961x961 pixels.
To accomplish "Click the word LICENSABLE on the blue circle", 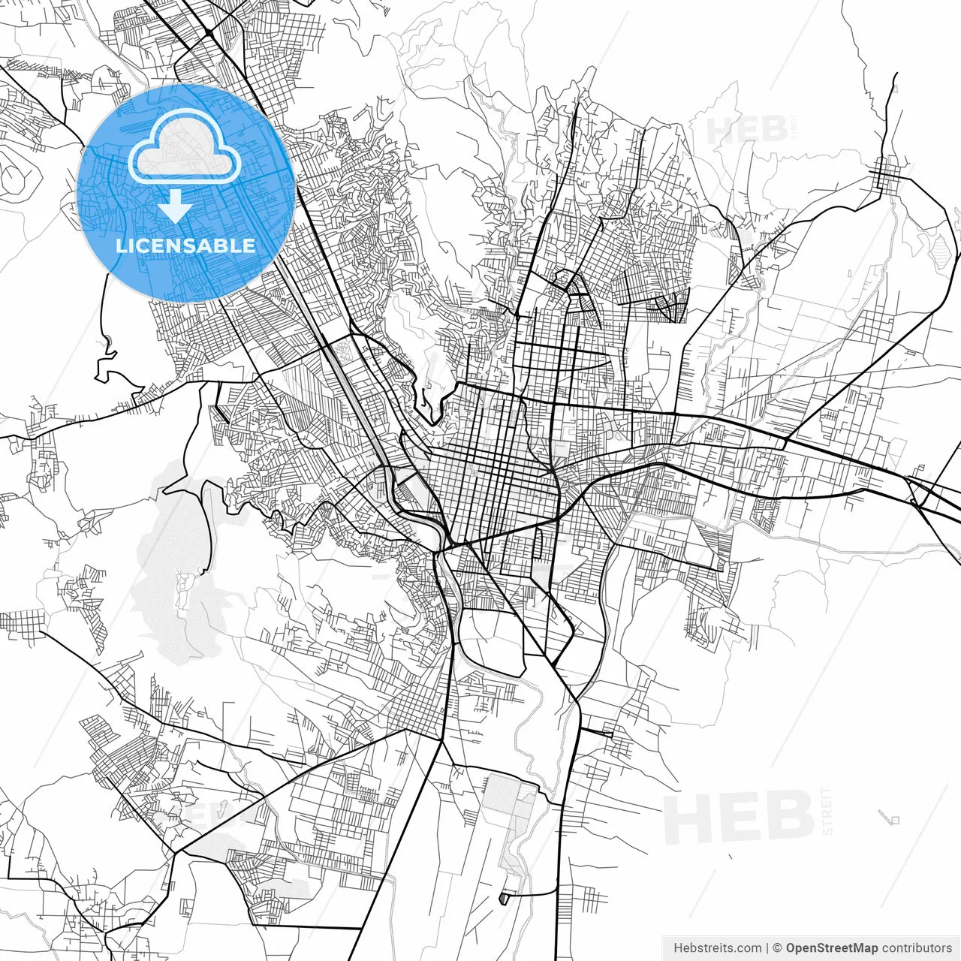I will click(x=185, y=246).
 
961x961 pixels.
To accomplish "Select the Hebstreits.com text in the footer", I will click(x=716, y=948).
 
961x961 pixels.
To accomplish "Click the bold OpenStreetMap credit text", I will click(x=832, y=948).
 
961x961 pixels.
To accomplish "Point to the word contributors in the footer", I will click(x=917, y=948).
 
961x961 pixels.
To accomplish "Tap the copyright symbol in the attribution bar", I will click(x=778, y=948).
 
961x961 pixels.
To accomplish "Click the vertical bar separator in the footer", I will click(x=767, y=948).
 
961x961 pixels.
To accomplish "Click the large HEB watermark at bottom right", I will click(x=739, y=816).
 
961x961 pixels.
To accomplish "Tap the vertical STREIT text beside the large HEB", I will click(x=827, y=811).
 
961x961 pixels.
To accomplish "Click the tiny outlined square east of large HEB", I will click(x=893, y=819).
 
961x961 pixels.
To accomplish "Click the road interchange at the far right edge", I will click(x=919, y=492).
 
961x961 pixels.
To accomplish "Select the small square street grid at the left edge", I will click(x=23, y=622).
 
